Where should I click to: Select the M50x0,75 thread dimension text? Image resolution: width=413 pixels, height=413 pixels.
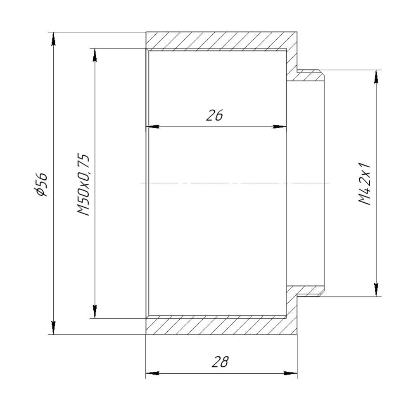tap(83, 184)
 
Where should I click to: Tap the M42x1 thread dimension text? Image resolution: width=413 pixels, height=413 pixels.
tap(365, 184)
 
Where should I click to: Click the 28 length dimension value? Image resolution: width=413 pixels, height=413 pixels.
tap(220, 362)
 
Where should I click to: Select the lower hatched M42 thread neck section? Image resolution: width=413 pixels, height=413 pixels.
tap(310, 292)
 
